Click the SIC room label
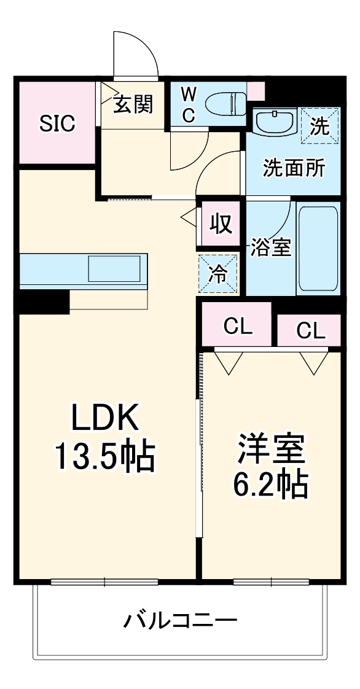[x=57, y=123]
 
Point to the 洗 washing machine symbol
[x=319, y=126]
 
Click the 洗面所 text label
[x=294, y=168]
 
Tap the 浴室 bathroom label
[x=270, y=247]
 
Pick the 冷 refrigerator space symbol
[x=218, y=272]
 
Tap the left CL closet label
[x=238, y=327]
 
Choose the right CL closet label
[x=311, y=330]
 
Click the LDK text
[x=107, y=420]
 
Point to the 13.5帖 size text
[x=105, y=456]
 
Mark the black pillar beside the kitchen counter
[x=43, y=302]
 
